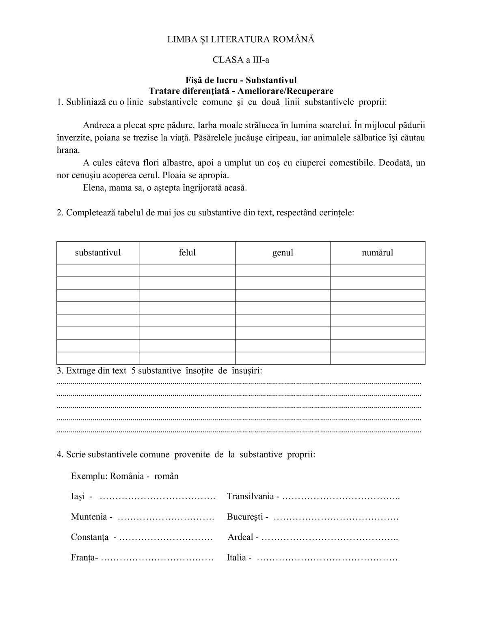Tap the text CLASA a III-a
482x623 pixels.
click(x=241, y=60)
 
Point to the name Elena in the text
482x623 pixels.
click(x=93, y=188)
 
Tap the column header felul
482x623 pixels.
click(x=187, y=253)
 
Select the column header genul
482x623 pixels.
click(x=283, y=253)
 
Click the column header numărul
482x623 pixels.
click(x=378, y=253)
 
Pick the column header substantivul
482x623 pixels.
click(x=98, y=253)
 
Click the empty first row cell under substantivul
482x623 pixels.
click(x=98, y=270)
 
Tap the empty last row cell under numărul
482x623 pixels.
click(x=378, y=358)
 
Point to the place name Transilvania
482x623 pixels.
click(x=250, y=496)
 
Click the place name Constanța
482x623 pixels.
click(x=89, y=537)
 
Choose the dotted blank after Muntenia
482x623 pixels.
click(x=166, y=518)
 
